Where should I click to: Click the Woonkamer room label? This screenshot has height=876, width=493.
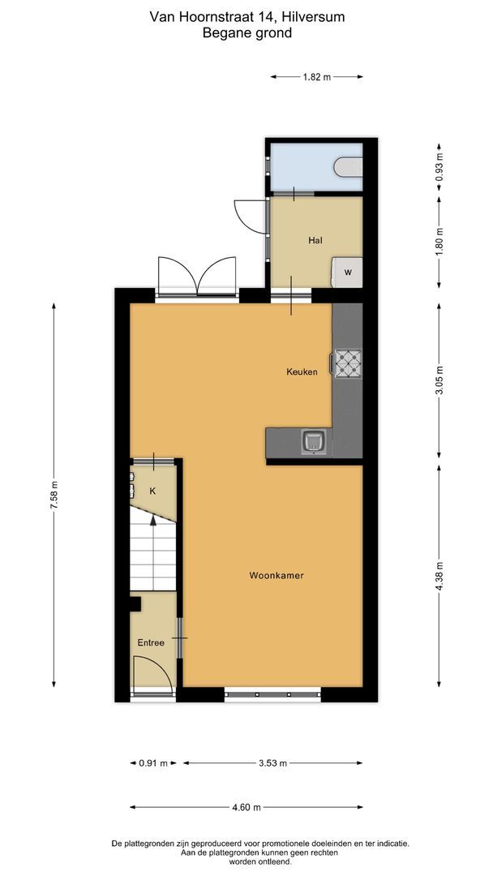277,575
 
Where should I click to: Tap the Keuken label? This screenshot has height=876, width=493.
302,372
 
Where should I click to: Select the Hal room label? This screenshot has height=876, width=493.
315,241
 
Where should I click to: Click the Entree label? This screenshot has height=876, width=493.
151,642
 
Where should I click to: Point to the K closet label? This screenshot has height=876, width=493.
152,492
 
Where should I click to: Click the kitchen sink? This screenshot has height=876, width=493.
314,442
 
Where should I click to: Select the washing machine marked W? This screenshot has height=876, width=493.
348,273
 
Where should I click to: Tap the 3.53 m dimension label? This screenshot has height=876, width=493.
272,763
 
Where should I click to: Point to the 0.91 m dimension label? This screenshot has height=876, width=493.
153,763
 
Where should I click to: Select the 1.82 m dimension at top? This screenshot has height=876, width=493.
316,77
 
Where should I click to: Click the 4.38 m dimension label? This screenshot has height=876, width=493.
439,575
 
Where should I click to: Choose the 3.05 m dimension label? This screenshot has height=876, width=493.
439,380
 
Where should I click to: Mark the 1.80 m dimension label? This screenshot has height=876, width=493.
439,241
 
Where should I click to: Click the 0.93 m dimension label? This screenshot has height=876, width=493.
439,166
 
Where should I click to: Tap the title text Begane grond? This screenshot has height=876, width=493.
246,33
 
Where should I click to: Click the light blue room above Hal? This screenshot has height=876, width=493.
304,167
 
